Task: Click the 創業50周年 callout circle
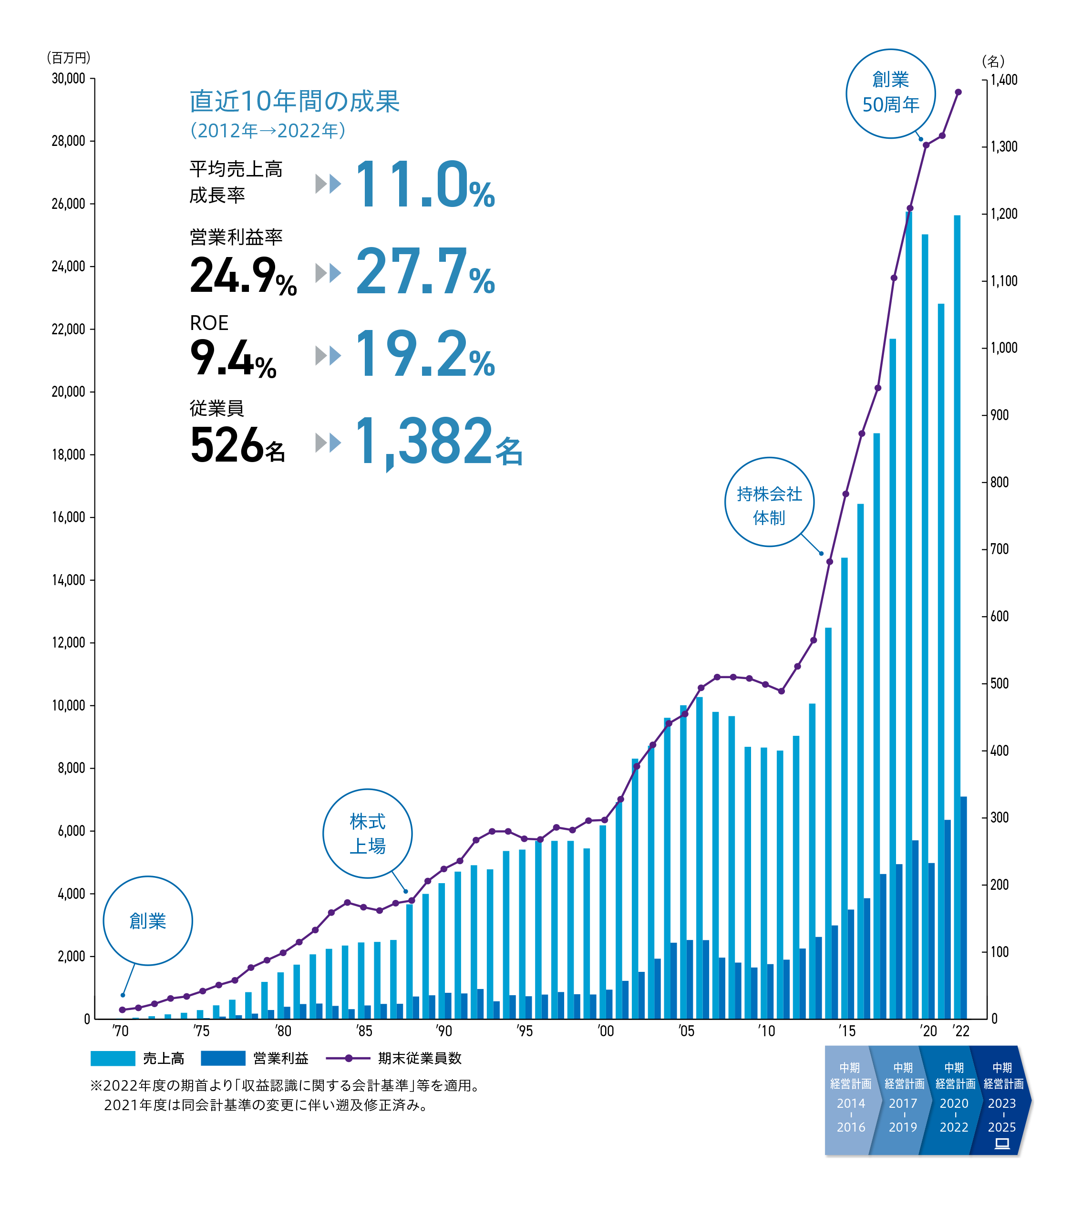[890, 93]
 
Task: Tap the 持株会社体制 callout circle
[769, 502]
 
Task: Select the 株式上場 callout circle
[367, 833]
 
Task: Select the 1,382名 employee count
[438, 442]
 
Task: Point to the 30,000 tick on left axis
[68, 79]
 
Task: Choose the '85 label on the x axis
[364, 1031]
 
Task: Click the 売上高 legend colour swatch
[113, 1058]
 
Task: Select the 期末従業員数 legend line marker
[349, 1058]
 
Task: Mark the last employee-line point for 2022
[958, 92]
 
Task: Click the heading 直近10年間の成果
[294, 101]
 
